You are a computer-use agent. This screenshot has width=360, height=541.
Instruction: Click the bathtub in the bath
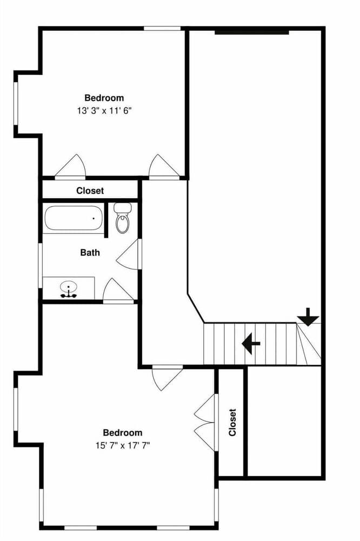click(x=74, y=218)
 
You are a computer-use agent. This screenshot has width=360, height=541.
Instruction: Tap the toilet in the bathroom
click(x=122, y=217)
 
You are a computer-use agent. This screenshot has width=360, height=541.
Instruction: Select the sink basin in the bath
click(x=68, y=287)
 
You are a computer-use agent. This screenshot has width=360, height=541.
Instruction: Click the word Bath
click(x=90, y=253)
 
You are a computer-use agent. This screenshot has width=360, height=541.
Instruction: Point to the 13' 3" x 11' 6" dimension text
click(x=104, y=111)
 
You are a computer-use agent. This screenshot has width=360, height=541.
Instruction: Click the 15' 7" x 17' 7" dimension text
click(x=123, y=445)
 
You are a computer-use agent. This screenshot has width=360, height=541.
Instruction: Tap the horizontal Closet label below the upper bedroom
click(x=90, y=190)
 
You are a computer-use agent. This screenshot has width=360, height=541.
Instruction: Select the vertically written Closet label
click(x=232, y=423)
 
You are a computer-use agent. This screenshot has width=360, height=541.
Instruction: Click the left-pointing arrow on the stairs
click(x=251, y=344)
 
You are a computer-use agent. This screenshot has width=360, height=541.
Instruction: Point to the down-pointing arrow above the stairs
click(x=308, y=316)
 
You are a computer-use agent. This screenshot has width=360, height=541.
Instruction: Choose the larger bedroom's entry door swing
click(x=167, y=378)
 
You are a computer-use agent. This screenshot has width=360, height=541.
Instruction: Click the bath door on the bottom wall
click(x=118, y=291)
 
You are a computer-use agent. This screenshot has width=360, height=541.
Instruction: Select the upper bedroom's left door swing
click(x=70, y=167)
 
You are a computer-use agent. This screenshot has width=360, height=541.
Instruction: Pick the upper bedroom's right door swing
click(x=164, y=167)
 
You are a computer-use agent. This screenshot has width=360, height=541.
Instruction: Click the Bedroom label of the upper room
click(x=104, y=97)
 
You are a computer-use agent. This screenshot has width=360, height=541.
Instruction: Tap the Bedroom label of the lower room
click(x=123, y=432)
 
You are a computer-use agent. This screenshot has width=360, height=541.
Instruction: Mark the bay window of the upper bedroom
click(x=16, y=103)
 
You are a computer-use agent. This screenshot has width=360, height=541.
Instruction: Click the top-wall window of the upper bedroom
click(x=162, y=29)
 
